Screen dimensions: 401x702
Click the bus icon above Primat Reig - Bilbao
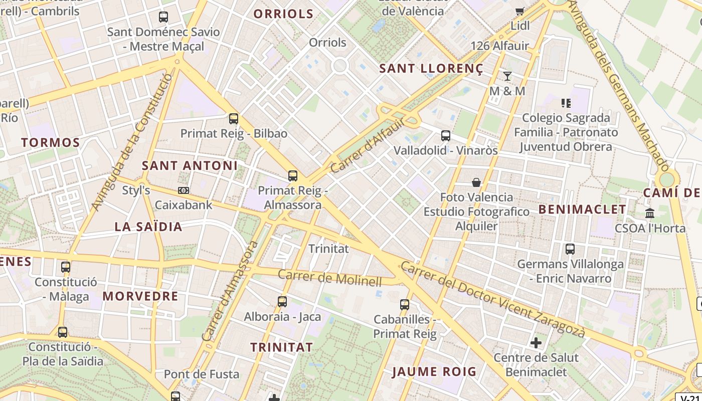click(x=234, y=119)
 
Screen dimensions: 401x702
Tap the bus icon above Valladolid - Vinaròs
click(x=445, y=135)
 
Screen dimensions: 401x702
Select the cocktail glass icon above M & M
click(x=507, y=76)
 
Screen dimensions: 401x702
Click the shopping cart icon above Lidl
click(x=520, y=11)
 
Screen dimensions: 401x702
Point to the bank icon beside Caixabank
click(x=184, y=190)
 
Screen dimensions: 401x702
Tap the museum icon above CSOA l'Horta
click(x=650, y=213)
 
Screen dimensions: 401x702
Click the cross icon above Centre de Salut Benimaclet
click(x=536, y=343)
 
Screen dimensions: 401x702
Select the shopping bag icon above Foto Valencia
click(x=476, y=182)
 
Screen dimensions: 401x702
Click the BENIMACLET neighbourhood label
click(x=582, y=210)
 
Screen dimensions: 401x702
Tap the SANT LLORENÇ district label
click(x=431, y=69)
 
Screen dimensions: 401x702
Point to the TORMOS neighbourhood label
click(x=51, y=143)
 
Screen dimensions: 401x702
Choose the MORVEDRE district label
click(x=140, y=296)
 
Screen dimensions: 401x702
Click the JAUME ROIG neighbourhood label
click(x=434, y=372)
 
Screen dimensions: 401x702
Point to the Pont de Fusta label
click(x=194, y=374)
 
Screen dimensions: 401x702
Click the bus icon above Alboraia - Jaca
click(x=282, y=302)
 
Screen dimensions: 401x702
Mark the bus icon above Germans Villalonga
click(x=570, y=249)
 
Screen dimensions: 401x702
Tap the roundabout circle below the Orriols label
click(x=340, y=65)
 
